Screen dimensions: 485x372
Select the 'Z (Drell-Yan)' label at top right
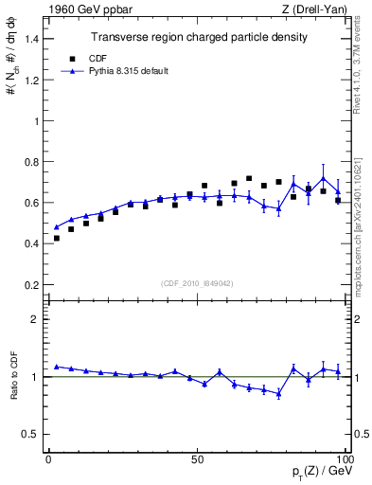tap(319, 9)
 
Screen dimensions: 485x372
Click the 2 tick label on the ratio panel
tap(35, 319)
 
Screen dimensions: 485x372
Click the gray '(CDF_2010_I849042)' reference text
tap(198, 283)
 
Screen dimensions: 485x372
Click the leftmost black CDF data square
tap(56, 239)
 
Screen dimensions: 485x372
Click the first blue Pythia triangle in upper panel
tap(56, 227)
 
